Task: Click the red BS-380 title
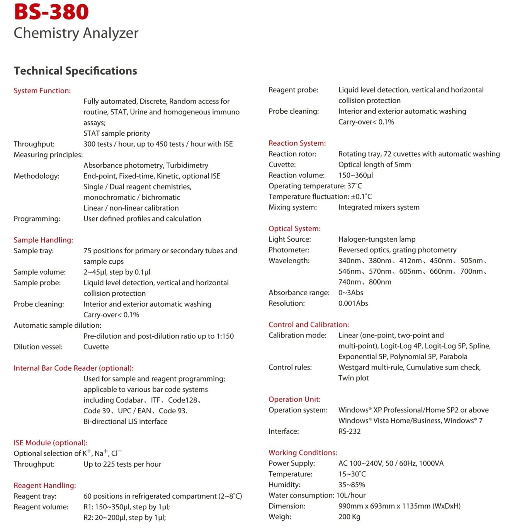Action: coord(51,12)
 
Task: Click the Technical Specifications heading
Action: coord(75,71)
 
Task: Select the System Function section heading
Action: coord(42,91)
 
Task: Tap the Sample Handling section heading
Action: coord(43,240)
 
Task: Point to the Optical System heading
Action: coord(294,228)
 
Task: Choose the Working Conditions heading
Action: coord(303,453)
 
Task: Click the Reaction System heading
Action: coord(297,143)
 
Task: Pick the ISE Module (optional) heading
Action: coord(51,443)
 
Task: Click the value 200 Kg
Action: coord(349,517)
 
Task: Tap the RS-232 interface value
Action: coord(349,431)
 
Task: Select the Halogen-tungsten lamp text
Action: coord(377,239)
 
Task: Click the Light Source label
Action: coord(290,239)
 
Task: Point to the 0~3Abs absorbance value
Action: coord(350,293)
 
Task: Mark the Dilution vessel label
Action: coord(38,347)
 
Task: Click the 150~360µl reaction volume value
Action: coord(355,175)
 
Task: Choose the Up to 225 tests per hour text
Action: coord(122,464)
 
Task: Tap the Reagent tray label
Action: coord(35,496)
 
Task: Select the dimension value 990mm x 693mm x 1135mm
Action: coord(399,506)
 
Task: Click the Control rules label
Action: coord(290,367)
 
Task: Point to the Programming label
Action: coord(37,219)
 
